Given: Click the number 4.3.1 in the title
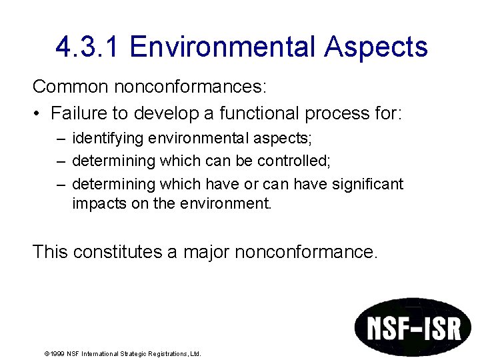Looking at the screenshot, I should (88, 47).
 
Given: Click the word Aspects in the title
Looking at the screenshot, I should (377, 47).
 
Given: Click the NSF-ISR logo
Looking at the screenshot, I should (412, 327).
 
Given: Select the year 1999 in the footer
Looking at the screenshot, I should (55, 354).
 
